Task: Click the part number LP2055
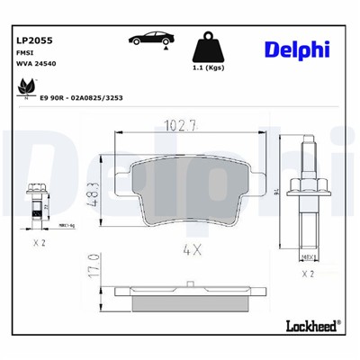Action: pos(34,40)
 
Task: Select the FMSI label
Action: pos(26,53)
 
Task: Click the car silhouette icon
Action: pos(149,39)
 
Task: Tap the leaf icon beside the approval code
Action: pos(24,87)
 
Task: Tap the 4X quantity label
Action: pos(190,247)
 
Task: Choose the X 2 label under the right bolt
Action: pos(307,273)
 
